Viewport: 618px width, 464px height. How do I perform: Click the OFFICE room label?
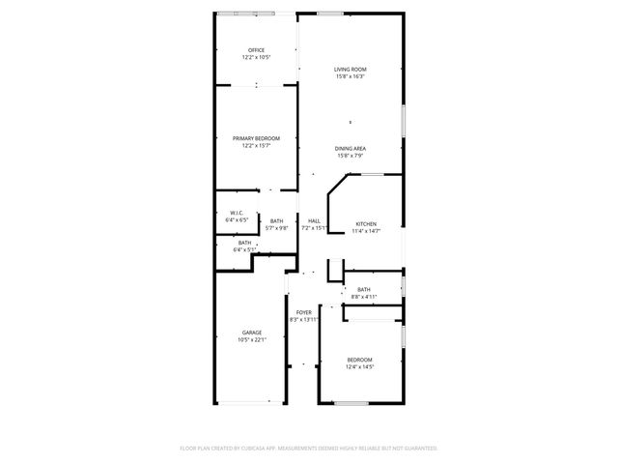point(256,50)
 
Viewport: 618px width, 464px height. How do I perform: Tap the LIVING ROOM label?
point(351,70)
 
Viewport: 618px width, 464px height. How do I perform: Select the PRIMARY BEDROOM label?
point(256,139)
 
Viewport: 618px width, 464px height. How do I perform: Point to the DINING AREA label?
point(350,148)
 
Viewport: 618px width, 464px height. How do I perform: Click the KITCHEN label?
point(365,223)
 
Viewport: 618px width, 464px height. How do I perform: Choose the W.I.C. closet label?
point(236,213)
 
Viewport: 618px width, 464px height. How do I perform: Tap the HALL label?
point(314,221)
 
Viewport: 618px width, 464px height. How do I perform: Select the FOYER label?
point(304,312)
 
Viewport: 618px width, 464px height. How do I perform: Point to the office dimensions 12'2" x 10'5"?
point(256,58)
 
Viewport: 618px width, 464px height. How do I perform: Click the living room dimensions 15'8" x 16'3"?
point(351,77)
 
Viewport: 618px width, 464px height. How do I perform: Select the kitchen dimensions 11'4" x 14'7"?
point(365,231)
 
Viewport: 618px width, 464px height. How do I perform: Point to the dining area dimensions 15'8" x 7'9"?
point(350,156)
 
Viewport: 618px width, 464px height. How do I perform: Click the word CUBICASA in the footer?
point(262,449)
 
